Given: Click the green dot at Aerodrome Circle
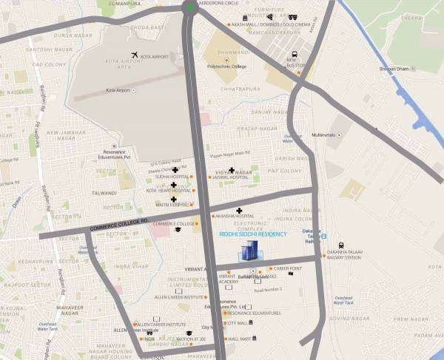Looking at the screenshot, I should pyautogui.click(x=190, y=8).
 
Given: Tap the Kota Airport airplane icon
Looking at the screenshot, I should pyautogui.click(x=134, y=55).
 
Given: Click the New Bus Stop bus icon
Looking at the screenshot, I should pyautogui.click(x=295, y=55).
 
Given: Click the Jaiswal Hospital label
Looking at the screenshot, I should pyautogui.click(x=229, y=177).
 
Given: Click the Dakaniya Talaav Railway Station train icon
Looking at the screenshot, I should pyautogui.click(x=340, y=245).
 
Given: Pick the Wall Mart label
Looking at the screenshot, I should pyautogui.click(x=241, y=339).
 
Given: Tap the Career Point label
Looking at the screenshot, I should pyautogui.click(x=287, y=268).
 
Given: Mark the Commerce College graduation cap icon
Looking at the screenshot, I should pyautogui.click(x=178, y=231).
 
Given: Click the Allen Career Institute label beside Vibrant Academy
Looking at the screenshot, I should pyautogui.click(x=178, y=296).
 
